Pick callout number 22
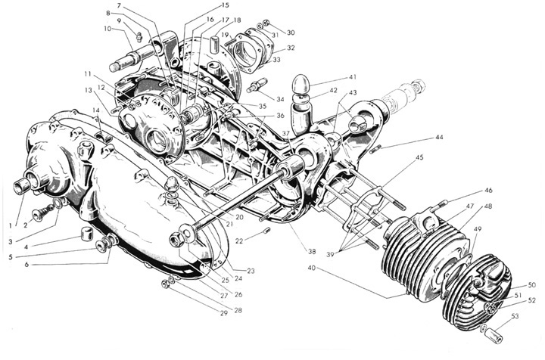(238, 241)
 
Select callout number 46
(488, 191)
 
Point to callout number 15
(204, 6)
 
